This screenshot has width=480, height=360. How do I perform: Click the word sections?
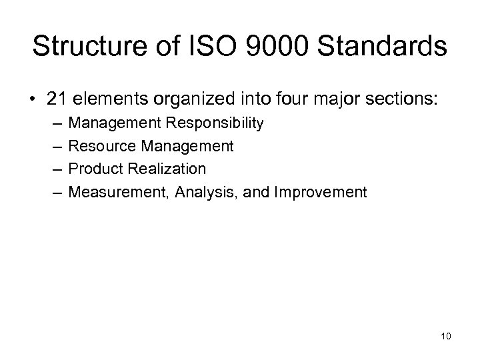(399, 100)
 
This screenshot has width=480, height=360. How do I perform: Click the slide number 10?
(445, 335)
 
